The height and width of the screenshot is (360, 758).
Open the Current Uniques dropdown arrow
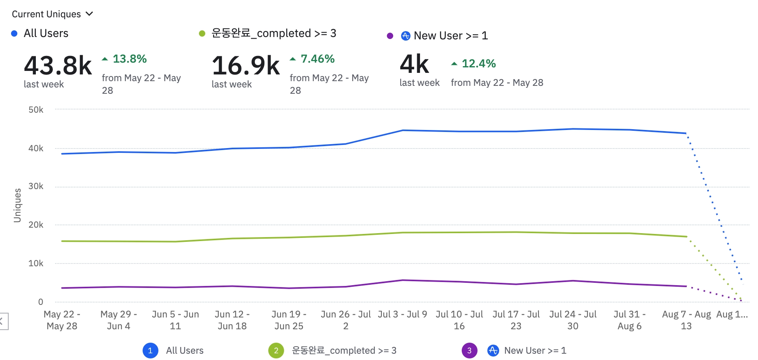pyautogui.click(x=89, y=14)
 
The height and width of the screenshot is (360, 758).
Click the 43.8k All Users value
pyautogui.click(x=58, y=65)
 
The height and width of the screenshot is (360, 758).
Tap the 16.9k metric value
pyautogui.click(x=246, y=65)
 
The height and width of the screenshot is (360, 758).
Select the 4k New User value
pyautogui.click(x=414, y=64)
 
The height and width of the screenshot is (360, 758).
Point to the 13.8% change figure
pyautogui.click(x=130, y=59)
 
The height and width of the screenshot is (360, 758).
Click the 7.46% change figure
pyautogui.click(x=318, y=59)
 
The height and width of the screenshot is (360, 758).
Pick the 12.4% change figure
pyautogui.click(x=478, y=63)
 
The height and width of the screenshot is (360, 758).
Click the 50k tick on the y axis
pyautogui.click(x=36, y=110)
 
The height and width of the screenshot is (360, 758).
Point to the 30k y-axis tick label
pyautogui.click(x=36, y=186)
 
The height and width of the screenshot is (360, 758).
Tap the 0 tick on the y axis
pyautogui.click(x=41, y=302)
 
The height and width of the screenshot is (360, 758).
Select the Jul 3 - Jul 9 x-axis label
pyautogui.click(x=402, y=314)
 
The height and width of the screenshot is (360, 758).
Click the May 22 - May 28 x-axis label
pyautogui.click(x=62, y=320)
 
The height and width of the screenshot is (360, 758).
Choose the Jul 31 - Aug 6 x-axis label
pyautogui.click(x=629, y=320)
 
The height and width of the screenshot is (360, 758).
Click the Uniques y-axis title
pyautogui.click(x=17, y=205)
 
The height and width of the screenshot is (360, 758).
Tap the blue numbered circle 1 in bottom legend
pyautogui.click(x=150, y=351)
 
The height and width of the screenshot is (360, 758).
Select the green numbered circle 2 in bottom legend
pyautogui.click(x=276, y=351)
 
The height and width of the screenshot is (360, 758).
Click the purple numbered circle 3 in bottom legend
pyautogui.click(x=469, y=351)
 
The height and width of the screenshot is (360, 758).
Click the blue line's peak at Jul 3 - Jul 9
pyautogui.click(x=403, y=130)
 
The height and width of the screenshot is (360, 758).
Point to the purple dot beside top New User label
pyautogui.click(x=390, y=36)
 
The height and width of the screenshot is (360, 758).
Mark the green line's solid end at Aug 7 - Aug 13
pyautogui.click(x=686, y=236)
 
